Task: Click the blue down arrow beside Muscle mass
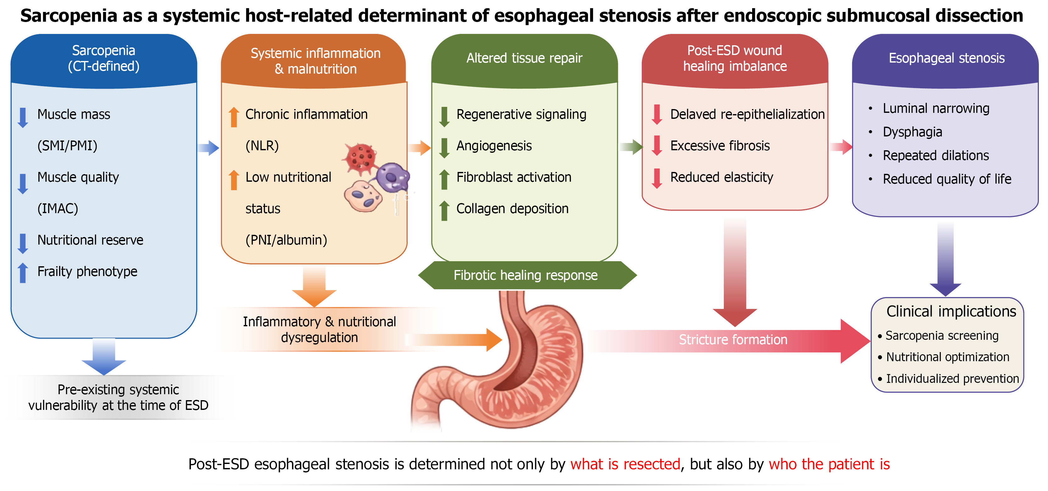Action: (x=23, y=118)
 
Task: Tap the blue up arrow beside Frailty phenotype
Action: (x=23, y=273)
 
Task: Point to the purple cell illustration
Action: (x=392, y=177)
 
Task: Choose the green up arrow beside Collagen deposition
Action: (x=444, y=211)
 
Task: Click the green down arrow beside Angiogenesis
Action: (x=444, y=148)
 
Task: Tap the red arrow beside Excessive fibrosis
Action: (x=657, y=146)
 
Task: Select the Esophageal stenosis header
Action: (x=946, y=58)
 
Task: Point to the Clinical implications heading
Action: (x=951, y=311)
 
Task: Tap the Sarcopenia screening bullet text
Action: (x=942, y=336)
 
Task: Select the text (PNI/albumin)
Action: (x=286, y=240)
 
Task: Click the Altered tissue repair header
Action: (x=524, y=58)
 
